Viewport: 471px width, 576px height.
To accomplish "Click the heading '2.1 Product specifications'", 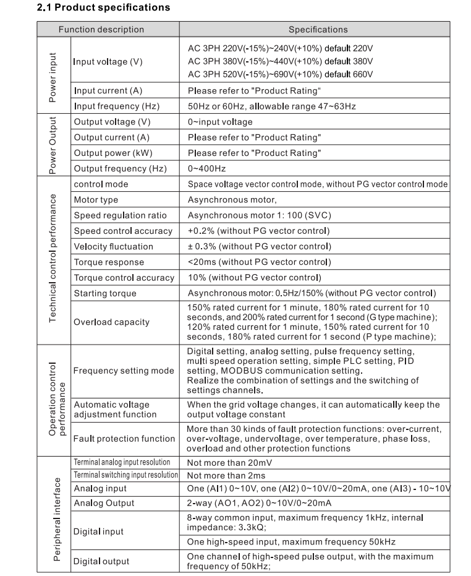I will point(103,8).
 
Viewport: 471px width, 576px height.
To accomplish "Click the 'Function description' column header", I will point(101,29).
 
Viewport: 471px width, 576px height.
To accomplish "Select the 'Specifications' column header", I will point(318,29).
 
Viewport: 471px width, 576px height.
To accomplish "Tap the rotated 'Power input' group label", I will point(53,77).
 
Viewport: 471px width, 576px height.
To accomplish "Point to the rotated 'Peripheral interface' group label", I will point(57,518).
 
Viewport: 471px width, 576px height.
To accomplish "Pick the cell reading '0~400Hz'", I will point(206,168).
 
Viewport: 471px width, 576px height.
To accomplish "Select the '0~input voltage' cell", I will point(220,122).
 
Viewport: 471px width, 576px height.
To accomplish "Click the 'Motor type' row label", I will point(96,200).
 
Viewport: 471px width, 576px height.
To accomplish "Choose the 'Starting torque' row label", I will point(105,293).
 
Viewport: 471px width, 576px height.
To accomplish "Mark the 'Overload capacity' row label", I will point(111,322).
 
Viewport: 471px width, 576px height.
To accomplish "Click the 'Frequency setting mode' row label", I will point(124,371).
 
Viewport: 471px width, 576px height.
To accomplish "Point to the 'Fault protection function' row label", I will point(124,439).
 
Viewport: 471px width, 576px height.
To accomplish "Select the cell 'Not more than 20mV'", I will point(229,462).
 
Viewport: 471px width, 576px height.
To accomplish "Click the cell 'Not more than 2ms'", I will point(226,475).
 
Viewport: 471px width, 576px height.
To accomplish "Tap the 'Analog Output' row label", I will point(104,503).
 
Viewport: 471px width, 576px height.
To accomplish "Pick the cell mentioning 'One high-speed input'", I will point(291,542).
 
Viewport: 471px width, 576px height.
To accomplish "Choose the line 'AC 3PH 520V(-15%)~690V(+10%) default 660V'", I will point(280,74).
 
